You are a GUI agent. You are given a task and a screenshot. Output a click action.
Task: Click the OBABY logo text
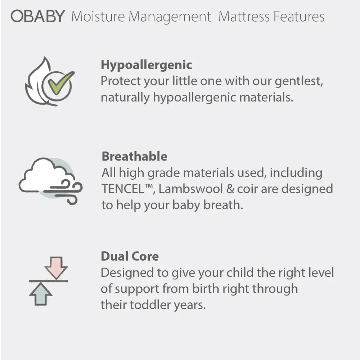pos(38,16)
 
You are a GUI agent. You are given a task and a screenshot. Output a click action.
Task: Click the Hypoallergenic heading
pos(146,65)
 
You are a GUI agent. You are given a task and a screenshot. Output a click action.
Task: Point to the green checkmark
pos(59,82)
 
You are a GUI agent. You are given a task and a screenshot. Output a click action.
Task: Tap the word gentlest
pos(298,81)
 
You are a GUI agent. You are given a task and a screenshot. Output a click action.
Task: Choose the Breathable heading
pos(134,157)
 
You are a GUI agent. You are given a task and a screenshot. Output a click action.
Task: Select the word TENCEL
pos(122,189)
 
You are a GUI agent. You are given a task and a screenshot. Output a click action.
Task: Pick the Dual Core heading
pos(130,256)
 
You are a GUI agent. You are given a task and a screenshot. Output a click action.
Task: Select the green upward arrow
pos(41,293)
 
